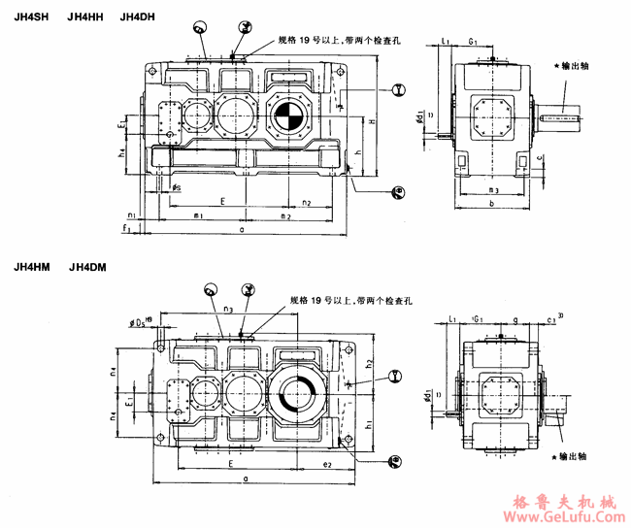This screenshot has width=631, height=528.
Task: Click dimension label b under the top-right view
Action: coord(492,205)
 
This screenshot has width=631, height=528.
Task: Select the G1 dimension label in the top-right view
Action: coord(472,42)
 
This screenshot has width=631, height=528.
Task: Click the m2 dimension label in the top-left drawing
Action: coord(286,216)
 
